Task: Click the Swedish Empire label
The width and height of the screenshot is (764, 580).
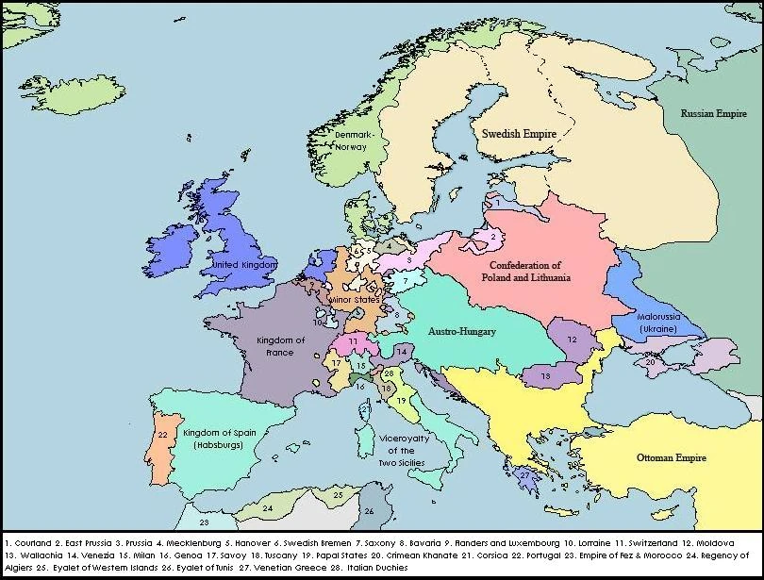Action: coord(520,134)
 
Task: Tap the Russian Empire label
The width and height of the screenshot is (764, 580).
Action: coord(713,113)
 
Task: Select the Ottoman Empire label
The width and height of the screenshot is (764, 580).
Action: coord(671,457)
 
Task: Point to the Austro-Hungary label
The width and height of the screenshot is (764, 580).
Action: coord(462,332)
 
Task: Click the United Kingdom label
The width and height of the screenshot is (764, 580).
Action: coord(243,266)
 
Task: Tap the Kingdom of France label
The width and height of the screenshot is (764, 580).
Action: coord(280,345)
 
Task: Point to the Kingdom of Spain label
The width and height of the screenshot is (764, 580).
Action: coord(219,437)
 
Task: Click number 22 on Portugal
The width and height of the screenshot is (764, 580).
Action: coord(162,435)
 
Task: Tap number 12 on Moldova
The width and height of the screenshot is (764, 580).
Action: coord(572,339)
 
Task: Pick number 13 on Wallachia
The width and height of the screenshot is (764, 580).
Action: coord(545,376)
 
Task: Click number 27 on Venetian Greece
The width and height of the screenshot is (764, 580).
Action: coord(524,476)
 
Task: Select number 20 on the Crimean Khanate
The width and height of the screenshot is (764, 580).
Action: coord(650,361)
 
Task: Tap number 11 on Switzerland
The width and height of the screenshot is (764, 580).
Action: coord(352,340)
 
